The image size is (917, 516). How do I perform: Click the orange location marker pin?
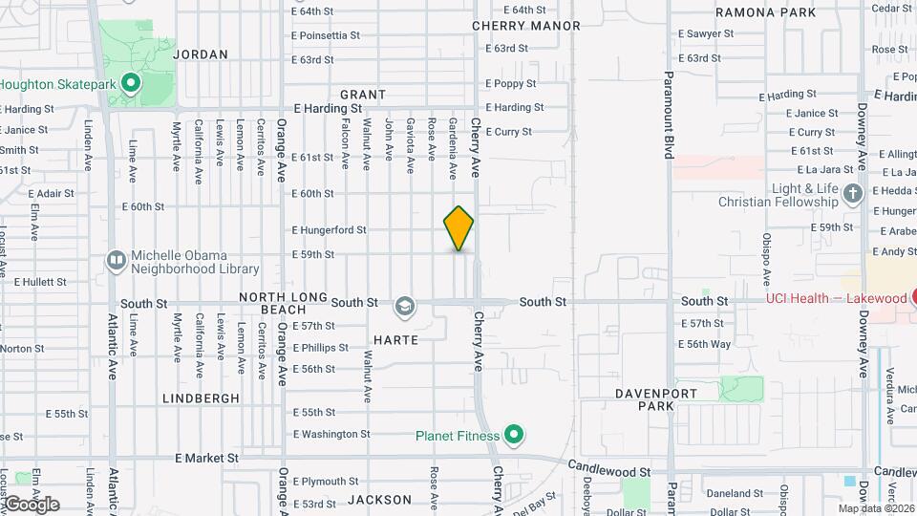tap(458, 228)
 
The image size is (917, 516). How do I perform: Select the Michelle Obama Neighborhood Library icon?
tap(117, 260)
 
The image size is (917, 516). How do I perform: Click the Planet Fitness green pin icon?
tap(514, 437)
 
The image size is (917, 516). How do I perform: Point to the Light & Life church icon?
tap(854, 195)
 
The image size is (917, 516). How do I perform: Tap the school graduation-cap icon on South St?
tap(405, 306)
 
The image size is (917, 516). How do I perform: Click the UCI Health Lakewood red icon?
tap(911, 298)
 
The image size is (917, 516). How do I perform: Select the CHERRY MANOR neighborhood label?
tap(526, 26)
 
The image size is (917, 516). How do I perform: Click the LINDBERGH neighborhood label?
tap(201, 398)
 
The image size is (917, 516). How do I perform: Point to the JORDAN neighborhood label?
tap(201, 54)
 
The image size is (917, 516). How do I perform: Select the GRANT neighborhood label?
tap(363, 95)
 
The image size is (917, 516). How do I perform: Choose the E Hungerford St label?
tap(329, 230)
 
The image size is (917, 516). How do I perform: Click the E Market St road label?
tap(206, 459)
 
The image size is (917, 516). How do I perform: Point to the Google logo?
tap(31, 504)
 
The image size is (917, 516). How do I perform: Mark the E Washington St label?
tap(331, 434)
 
